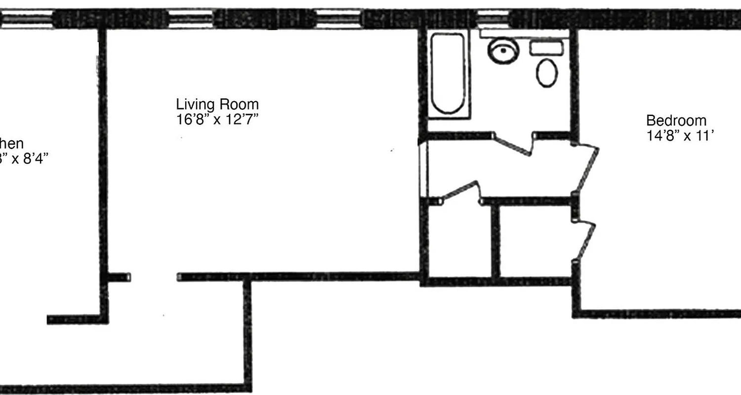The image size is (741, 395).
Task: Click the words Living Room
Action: click(x=217, y=105)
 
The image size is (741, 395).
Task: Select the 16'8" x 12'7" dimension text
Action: click(x=217, y=120)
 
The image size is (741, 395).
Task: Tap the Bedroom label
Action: click(x=676, y=120)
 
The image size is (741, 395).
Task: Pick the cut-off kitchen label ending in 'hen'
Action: click(x=12, y=144)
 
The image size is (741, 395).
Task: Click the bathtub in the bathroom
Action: click(x=447, y=74)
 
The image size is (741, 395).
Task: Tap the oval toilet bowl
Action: click(x=547, y=73)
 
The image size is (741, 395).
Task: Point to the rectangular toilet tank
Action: click(x=546, y=48)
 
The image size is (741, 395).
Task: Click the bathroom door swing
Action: click(x=514, y=144)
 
